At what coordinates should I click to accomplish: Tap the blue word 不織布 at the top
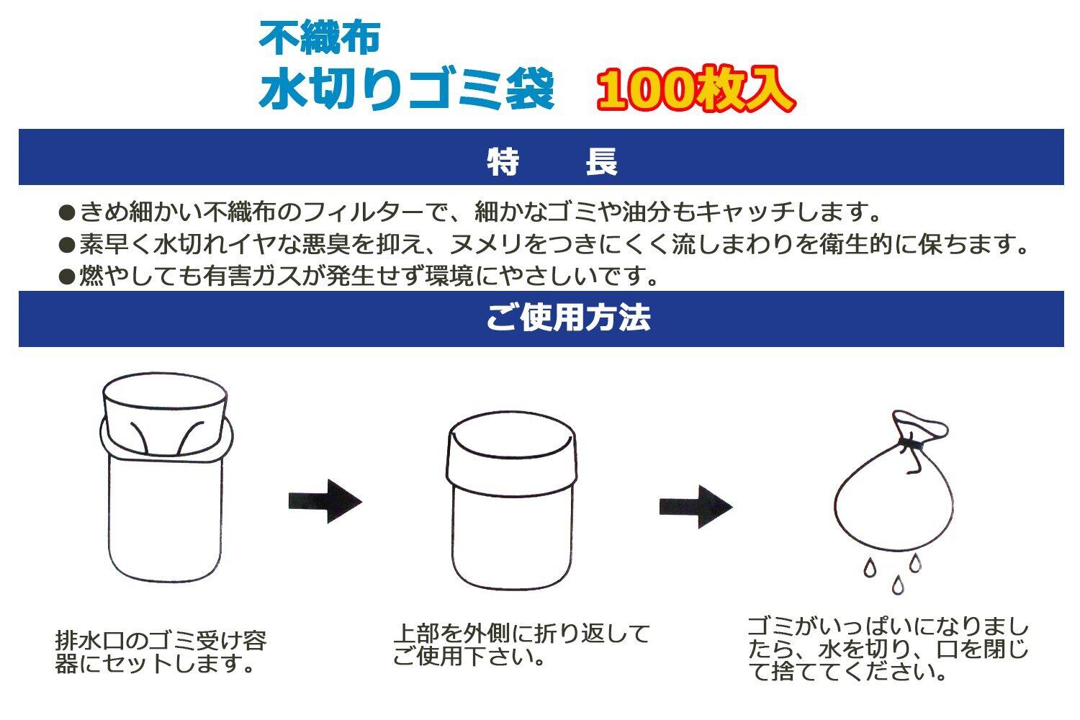[319, 38]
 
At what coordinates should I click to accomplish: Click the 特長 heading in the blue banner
[552, 162]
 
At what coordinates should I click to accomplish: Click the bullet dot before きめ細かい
[67, 213]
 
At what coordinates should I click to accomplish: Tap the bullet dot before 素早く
[67, 246]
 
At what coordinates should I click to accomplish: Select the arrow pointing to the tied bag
[696, 506]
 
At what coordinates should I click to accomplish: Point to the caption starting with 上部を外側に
[521, 644]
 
